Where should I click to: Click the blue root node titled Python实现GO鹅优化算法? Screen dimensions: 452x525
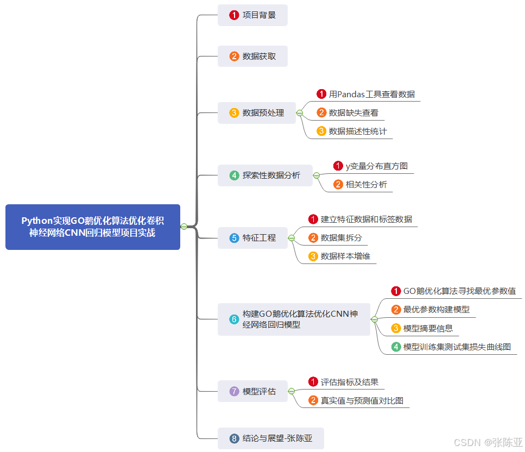pos(92,227)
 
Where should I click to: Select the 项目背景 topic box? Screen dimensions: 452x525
pos(252,15)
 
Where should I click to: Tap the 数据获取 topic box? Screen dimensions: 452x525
pos(252,56)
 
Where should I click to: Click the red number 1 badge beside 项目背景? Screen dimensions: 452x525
pos(234,15)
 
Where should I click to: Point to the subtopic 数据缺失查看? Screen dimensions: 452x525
pos(353,113)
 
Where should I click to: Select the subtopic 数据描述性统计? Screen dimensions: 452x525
pos(358,131)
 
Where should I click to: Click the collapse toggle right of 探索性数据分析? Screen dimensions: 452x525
pos(317,175)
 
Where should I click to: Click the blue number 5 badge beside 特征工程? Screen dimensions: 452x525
pos(234,238)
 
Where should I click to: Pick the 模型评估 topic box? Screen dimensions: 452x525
pos(252,391)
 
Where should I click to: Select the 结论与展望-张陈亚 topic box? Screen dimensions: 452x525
pos(270,438)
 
